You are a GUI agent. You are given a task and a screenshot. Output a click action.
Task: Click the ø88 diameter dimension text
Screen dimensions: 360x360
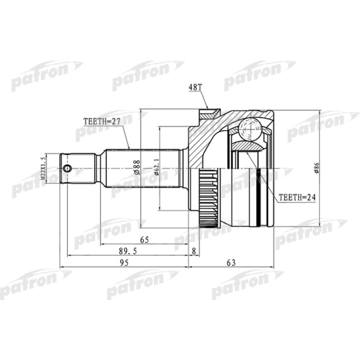point(137,168)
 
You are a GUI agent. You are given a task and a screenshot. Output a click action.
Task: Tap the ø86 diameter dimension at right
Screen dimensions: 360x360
point(317,168)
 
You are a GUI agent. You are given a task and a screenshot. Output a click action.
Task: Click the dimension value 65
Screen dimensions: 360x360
point(145,240)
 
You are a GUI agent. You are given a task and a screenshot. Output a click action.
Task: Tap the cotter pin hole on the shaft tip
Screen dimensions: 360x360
point(66,168)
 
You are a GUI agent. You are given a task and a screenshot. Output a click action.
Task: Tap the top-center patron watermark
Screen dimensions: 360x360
point(148,75)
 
